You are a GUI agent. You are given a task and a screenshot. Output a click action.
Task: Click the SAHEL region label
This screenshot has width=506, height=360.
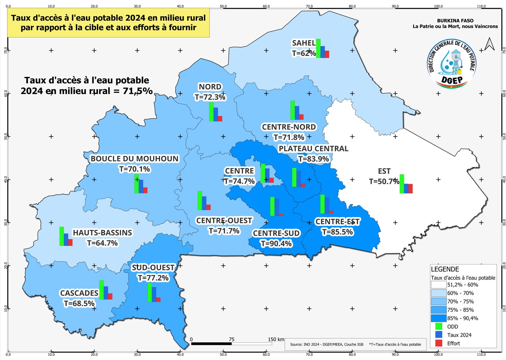point(304,43)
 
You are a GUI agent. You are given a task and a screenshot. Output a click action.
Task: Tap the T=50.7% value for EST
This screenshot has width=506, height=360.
point(384,181)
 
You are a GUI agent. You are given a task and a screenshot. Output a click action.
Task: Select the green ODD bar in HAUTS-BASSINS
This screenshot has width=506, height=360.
point(61,236)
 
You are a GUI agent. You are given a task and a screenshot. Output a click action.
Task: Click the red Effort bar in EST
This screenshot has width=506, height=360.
point(411,189)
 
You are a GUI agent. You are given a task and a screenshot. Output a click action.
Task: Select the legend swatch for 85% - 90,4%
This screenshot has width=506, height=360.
point(438,318)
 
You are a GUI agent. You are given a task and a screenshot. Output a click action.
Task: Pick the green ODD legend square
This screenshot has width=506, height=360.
point(438,327)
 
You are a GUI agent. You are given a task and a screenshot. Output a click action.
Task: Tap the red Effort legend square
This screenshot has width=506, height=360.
point(438,343)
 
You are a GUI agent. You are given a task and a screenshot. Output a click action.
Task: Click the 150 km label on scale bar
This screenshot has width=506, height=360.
point(276,340)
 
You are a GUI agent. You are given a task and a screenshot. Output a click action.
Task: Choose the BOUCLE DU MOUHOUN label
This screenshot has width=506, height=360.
point(135,159)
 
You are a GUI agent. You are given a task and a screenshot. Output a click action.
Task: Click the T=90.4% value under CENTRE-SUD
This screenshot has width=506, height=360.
point(276,244)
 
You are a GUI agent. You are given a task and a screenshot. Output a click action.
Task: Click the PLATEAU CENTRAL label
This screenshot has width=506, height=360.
point(313,149)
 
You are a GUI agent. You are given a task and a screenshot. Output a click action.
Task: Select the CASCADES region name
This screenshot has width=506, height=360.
point(79,293)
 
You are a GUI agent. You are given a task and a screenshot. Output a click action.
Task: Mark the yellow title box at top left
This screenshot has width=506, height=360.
point(108,23)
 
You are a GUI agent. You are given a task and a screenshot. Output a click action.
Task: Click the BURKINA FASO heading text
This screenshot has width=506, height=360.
point(455,21)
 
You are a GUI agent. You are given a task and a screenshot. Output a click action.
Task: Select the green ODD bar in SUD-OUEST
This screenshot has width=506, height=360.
point(149,292)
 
